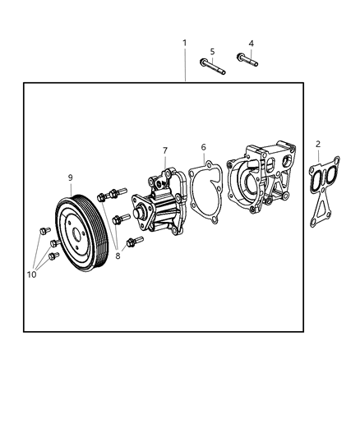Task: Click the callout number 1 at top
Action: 184,43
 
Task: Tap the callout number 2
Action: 318,144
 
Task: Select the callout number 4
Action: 251,43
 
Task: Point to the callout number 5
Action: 212,51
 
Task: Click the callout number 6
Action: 203,147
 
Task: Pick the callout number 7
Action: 164,150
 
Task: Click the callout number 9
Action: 71,177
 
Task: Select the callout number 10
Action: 31,275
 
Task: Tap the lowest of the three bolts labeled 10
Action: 53,256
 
